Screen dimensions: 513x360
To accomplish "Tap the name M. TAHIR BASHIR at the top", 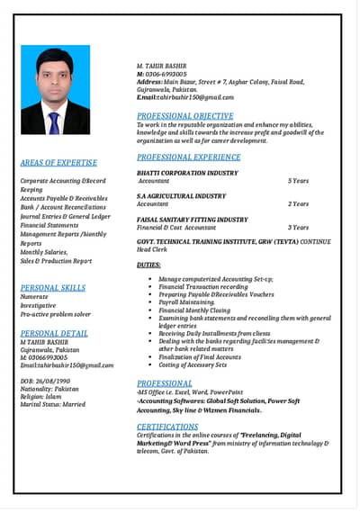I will (x=161, y=67).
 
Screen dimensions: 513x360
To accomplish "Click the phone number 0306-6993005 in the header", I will (x=166, y=74).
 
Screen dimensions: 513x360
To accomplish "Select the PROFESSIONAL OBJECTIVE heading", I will (x=184, y=116).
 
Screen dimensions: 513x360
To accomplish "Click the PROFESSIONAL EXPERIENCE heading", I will (x=188, y=157).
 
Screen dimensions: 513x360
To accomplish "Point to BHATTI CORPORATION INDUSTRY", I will (x=187, y=172).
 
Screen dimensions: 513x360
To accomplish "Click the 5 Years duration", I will (x=298, y=181).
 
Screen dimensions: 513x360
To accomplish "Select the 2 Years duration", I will (x=298, y=204).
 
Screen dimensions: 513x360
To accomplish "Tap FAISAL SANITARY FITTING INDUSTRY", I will (x=192, y=219).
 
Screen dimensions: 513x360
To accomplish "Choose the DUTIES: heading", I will (x=148, y=265).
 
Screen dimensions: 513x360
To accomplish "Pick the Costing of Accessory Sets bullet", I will (x=193, y=364).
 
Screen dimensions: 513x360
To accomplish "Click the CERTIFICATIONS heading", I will (x=167, y=427).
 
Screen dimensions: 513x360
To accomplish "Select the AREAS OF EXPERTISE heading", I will (x=58, y=163).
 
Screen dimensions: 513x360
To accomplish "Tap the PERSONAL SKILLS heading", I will (x=53, y=288).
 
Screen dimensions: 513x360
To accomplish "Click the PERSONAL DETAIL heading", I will (x=54, y=333).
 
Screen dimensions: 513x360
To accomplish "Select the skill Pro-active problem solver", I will (x=55, y=314).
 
